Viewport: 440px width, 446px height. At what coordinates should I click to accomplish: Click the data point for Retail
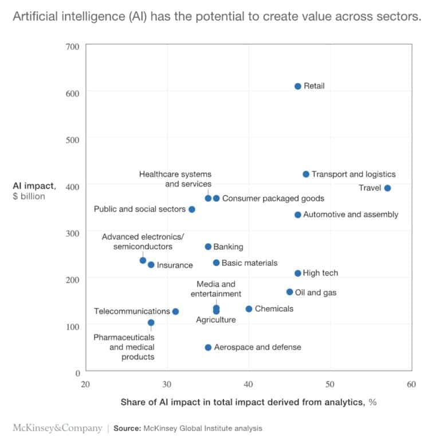click(298, 86)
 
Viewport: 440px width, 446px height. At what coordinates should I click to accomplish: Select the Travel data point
click(387, 188)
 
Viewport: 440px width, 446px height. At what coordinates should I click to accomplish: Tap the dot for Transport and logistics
click(306, 174)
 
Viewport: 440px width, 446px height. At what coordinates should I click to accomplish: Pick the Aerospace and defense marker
click(208, 347)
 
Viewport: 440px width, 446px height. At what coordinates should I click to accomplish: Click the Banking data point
click(208, 247)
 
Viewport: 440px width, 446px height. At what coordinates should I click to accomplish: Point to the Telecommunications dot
click(175, 311)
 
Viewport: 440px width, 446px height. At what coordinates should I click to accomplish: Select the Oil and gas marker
click(289, 292)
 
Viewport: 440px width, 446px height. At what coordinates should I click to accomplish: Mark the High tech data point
click(298, 273)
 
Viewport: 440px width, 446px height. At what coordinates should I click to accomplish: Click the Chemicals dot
click(249, 309)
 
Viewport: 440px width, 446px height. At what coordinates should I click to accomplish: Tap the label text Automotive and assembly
click(350, 215)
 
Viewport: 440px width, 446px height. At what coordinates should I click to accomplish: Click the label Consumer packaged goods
click(273, 198)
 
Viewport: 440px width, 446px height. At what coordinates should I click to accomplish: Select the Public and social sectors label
click(139, 209)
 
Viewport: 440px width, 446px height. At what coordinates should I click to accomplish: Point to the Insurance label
click(175, 265)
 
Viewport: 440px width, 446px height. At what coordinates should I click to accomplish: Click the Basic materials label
click(249, 263)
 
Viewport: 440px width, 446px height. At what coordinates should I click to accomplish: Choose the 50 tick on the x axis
click(330, 384)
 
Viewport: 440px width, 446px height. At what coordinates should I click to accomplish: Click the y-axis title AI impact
click(34, 186)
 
